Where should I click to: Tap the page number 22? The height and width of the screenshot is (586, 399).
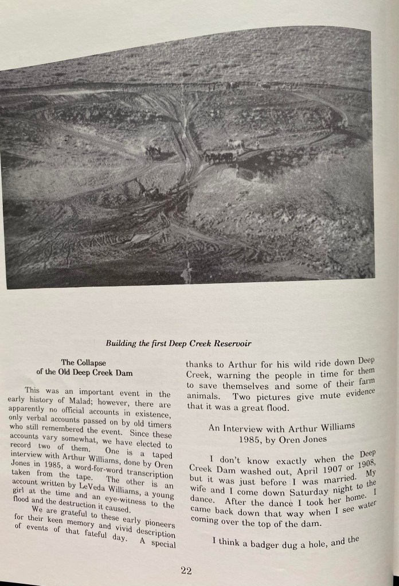[x=185, y=570]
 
